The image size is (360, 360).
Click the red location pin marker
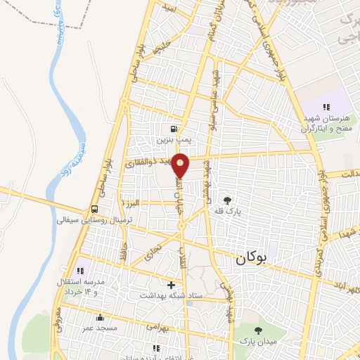click(x=181, y=165)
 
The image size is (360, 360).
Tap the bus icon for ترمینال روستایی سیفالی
click(x=94, y=209)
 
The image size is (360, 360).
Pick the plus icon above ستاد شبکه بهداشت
click(x=171, y=285)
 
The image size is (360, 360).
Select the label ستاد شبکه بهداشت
click(x=172, y=296)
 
